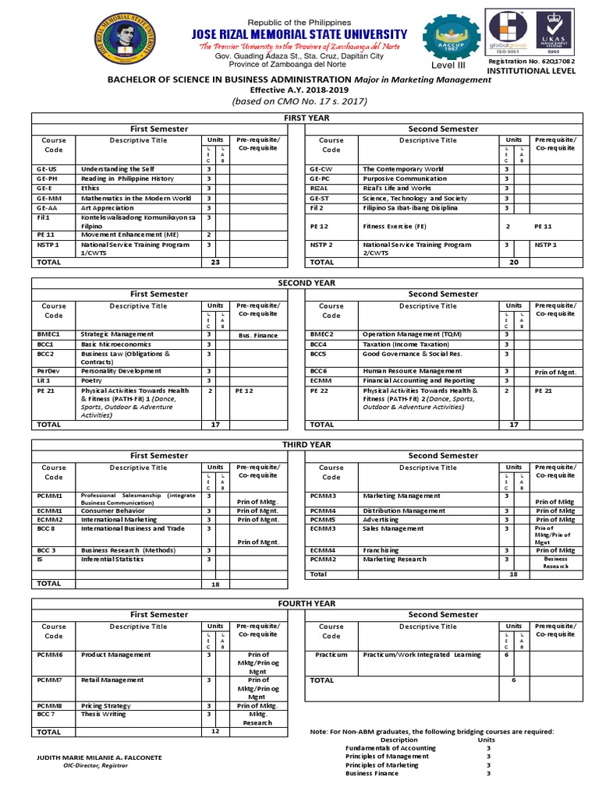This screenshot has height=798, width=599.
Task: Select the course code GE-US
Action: (x=47, y=169)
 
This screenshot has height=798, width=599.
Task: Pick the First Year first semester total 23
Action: (x=216, y=263)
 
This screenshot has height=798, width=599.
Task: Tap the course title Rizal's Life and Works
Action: (x=397, y=189)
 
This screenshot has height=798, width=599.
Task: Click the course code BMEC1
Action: (x=48, y=334)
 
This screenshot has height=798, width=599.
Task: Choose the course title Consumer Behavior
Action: (x=113, y=510)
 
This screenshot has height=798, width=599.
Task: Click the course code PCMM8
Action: (x=49, y=705)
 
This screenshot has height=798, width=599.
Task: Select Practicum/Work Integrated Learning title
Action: (x=422, y=655)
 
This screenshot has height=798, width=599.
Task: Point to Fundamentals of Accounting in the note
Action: (x=390, y=748)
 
